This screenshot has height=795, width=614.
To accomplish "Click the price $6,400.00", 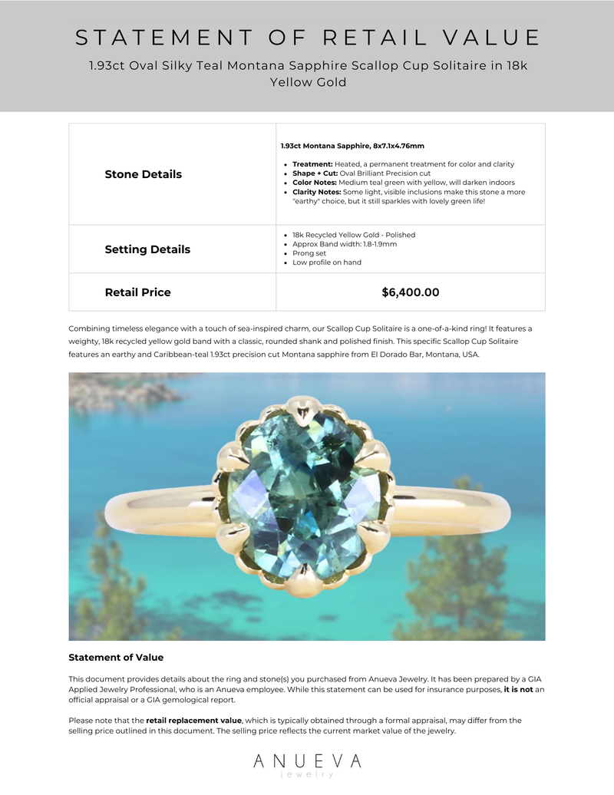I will pos(410,292).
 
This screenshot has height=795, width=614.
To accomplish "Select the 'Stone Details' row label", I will pos(144,174).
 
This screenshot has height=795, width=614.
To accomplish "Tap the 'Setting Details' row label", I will pos(147,249).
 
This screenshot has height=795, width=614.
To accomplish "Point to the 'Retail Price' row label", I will pos(138,292).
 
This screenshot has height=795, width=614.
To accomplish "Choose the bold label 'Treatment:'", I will pos(312,164).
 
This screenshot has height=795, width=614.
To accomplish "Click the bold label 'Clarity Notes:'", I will pos(317,192).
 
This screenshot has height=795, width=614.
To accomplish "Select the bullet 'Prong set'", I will pos(309,253).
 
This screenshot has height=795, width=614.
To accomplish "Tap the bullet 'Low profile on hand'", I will pos(326,262).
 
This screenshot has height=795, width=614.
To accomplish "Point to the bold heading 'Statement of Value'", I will pos(116,658).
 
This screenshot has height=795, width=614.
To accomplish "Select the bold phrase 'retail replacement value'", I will pos(193,721).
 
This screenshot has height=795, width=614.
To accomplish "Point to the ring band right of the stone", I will pos(460,506).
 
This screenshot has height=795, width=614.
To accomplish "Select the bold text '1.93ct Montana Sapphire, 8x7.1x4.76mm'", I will pos(352,146).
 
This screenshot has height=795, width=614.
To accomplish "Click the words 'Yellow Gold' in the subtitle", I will pos(308,82).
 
